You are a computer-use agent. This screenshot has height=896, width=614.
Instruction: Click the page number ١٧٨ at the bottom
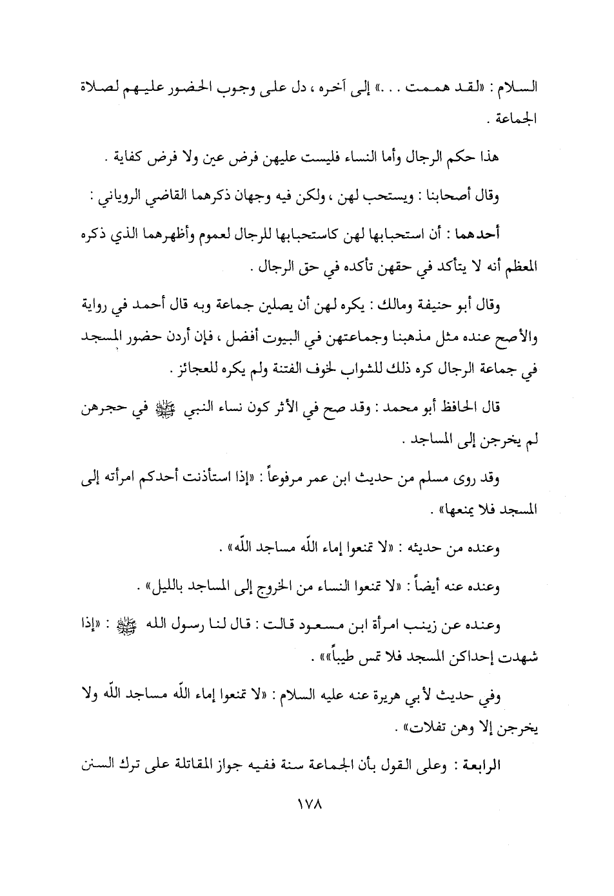click(x=308, y=805)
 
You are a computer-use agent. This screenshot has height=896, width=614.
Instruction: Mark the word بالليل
click(x=168, y=586)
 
